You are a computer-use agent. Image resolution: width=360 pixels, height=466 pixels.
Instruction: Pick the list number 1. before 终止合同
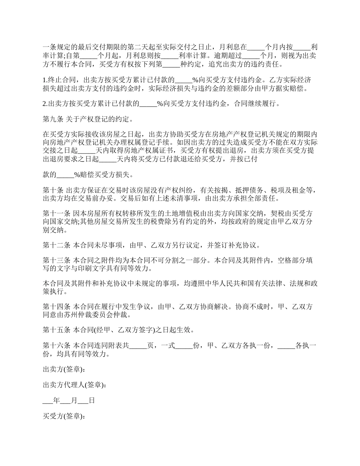(45, 80)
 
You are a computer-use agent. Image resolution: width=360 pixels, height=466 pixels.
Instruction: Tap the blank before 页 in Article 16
(138, 346)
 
